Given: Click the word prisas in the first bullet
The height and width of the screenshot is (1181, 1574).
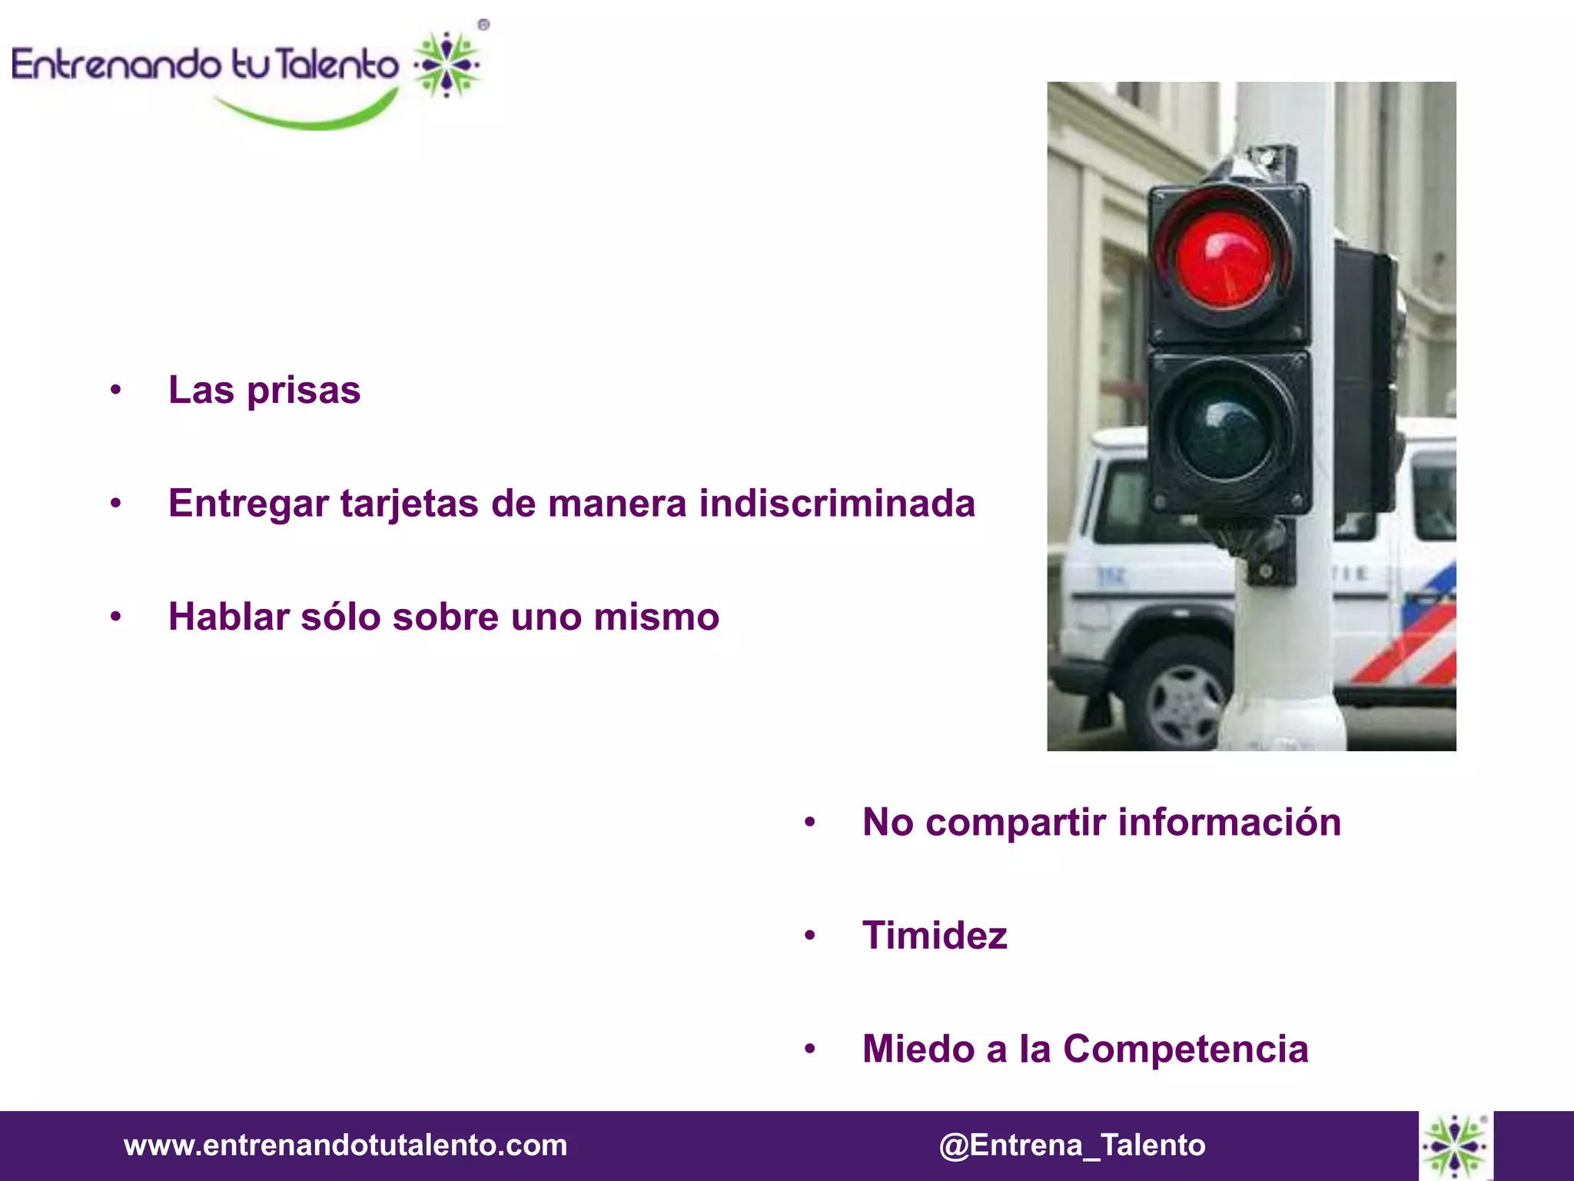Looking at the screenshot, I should tap(304, 391).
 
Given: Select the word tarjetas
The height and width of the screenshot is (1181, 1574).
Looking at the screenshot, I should tap(410, 504).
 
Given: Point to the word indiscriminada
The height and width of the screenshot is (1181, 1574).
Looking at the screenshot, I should tap(836, 504).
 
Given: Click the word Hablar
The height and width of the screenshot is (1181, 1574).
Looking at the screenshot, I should tap(229, 617).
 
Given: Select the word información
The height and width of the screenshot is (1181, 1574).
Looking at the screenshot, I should tap(1229, 822).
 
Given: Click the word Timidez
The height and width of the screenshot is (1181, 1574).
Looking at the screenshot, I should tap(935, 936).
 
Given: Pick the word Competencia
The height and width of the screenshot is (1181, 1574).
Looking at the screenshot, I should tap(1185, 1049).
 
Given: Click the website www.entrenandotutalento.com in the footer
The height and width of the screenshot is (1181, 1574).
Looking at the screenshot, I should tap(345, 1145).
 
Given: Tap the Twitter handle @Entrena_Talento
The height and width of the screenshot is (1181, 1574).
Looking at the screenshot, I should tap(1071, 1145).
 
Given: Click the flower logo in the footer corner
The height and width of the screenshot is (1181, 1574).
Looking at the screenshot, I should tap(1455, 1146).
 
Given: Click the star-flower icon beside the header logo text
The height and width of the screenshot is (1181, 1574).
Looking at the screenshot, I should tap(447, 65).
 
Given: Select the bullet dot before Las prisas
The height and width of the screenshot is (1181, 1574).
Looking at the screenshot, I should tap(115, 391).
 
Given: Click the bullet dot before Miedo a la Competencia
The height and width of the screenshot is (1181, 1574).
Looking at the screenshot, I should tap(809, 1050).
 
